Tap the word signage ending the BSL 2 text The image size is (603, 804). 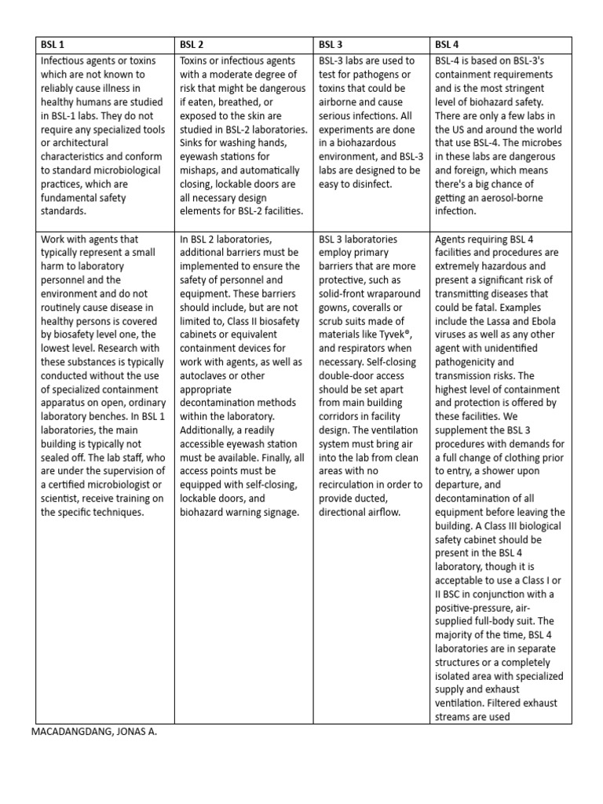point(276,512)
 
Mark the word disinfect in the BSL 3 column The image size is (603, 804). point(376,184)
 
